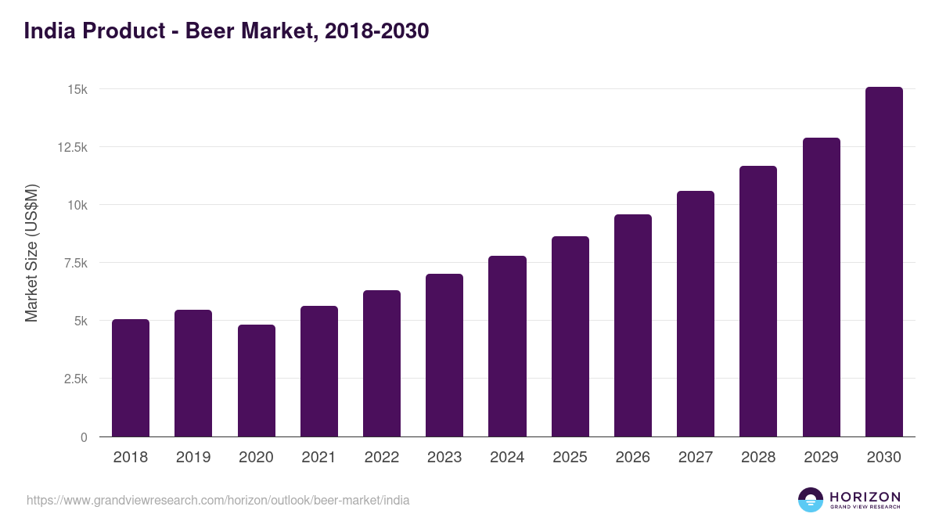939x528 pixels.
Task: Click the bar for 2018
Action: pyautogui.click(x=131, y=378)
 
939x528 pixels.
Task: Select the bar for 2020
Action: pyautogui.click(x=256, y=381)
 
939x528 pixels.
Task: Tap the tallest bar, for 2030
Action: pyautogui.click(x=883, y=262)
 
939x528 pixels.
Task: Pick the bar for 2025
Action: pyautogui.click(x=570, y=336)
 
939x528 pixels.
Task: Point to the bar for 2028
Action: pyautogui.click(x=758, y=301)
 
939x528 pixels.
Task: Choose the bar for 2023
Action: pyautogui.click(x=444, y=355)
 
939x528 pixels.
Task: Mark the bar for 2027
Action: pyautogui.click(x=696, y=314)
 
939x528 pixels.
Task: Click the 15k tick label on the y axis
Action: pyautogui.click(x=76, y=89)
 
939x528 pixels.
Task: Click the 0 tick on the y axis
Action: pyautogui.click(x=83, y=436)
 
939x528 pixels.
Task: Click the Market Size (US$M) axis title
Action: pyautogui.click(x=31, y=253)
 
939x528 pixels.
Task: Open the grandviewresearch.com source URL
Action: pyautogui.click(x=218, y=500)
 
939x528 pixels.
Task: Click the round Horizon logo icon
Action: pyautogui.click(x=810, y=500)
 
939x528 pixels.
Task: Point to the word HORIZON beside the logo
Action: pyautogui.click(x=865, y=497)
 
